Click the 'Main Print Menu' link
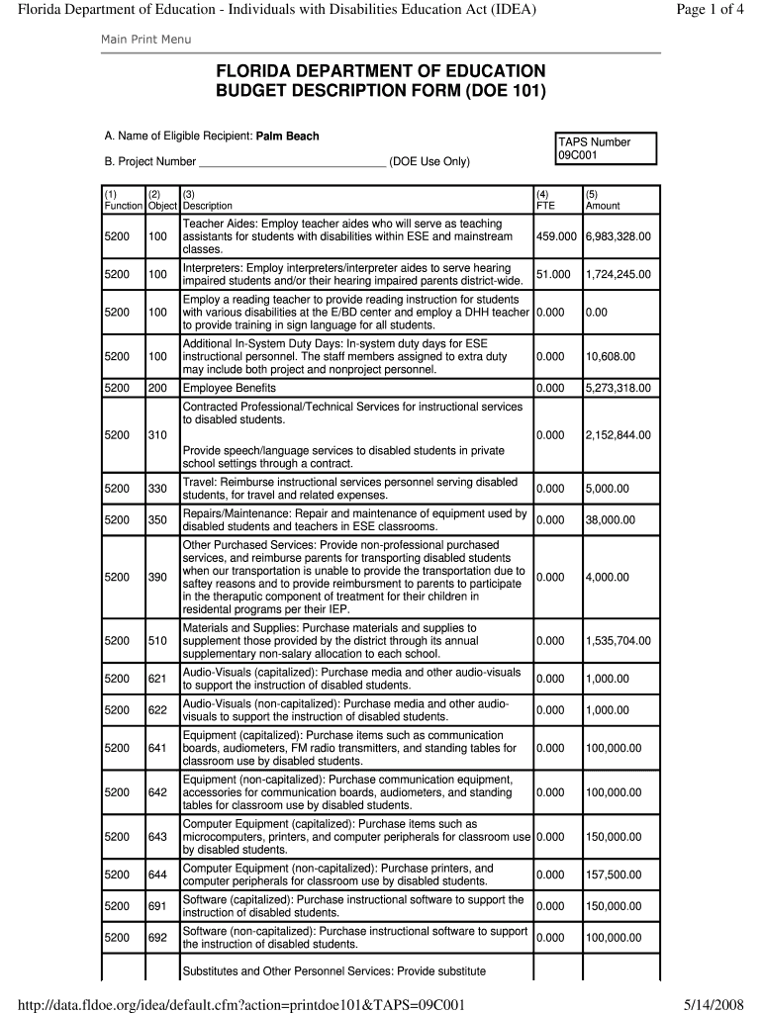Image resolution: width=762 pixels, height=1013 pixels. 145,39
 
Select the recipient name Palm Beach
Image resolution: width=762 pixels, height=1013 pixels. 287,136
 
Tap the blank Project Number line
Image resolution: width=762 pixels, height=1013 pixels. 293,161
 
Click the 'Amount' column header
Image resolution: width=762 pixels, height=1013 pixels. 603,206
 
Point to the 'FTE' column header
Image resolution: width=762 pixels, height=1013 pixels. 545,206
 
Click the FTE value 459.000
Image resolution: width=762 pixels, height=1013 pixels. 556,237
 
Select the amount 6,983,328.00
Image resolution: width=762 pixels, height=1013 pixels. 619,237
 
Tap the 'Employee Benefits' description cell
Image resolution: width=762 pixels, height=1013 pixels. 229,389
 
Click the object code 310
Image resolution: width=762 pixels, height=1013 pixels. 157,434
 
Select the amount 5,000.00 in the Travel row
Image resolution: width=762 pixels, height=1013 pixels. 607,489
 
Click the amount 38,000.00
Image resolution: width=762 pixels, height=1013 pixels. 610,520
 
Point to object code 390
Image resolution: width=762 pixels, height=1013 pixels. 157,577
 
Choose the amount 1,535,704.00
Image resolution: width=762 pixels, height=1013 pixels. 619,641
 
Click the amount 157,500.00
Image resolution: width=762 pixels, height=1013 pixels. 613,875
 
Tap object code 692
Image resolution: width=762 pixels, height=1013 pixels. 157,937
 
